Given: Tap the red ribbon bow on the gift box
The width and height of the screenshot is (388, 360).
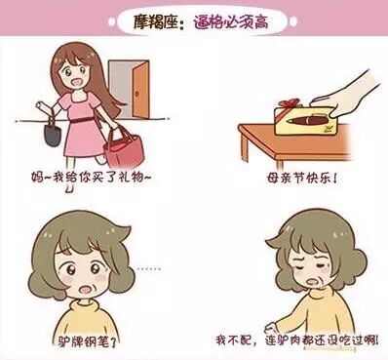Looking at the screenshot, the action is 291,103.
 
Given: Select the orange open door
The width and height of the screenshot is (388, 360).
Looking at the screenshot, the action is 140,90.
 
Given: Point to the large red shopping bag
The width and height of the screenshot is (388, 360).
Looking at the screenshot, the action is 123,148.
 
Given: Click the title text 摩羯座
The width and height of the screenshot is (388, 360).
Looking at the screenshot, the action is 155,22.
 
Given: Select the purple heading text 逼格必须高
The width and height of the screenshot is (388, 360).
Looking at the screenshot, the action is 231,22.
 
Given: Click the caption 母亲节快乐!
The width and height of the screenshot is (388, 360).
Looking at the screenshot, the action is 301,179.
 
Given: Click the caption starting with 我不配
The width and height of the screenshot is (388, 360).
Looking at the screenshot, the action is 297,340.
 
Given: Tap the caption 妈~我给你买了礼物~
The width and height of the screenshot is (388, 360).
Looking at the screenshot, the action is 92,177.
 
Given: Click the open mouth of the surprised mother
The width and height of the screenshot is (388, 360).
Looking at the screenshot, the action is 87,289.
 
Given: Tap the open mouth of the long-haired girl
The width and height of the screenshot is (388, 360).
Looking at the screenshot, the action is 78,83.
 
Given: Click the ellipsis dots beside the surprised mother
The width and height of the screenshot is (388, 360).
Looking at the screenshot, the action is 148,269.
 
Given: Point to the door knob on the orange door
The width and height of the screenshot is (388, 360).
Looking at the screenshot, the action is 136,94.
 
